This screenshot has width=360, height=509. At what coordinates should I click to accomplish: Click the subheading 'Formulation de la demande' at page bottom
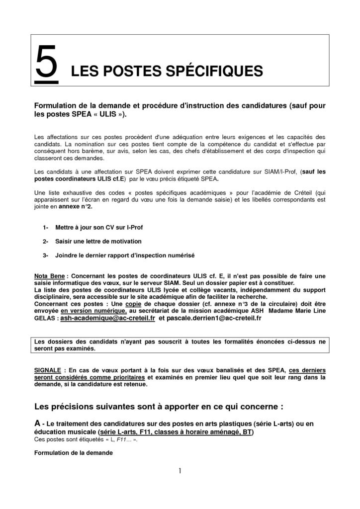click(74, 453)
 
